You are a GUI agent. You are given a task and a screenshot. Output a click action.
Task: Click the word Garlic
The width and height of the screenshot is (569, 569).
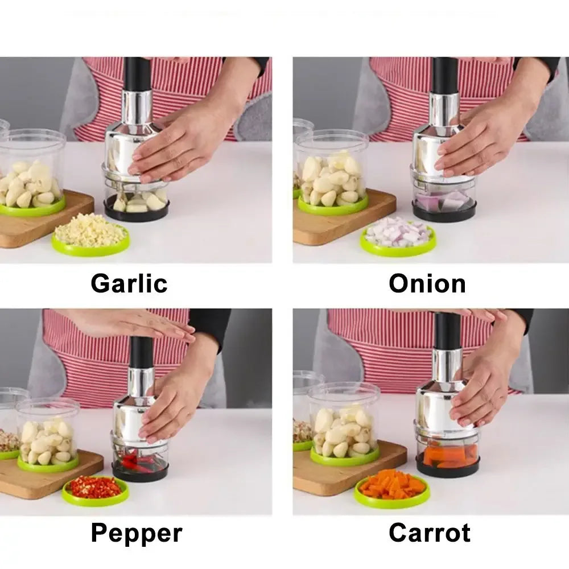pyautogui.click(x=129, y=283)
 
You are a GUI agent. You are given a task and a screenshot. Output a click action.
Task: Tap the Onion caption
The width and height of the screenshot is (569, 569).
pyautogui.click(x=427, y=283)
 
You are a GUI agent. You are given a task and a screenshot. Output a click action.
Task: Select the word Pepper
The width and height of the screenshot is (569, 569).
pyautogui.click(x=137, y=533)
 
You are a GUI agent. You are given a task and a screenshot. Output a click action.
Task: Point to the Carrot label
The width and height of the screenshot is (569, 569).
pyautogui.click(x=430, y=533)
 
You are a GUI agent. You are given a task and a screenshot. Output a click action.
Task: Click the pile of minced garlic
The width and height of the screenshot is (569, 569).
pyautogui.click(x=90, y=230)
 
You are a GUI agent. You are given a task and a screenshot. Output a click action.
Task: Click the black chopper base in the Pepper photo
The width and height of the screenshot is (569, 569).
pyautogui.click(x=140, y=471)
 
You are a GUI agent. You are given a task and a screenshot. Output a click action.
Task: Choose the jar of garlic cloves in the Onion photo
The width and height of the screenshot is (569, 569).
pyautogui.click(x=332, y=174)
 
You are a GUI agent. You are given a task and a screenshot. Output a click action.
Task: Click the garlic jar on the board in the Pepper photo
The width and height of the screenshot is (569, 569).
pyautogui.click(x=48, y=435)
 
